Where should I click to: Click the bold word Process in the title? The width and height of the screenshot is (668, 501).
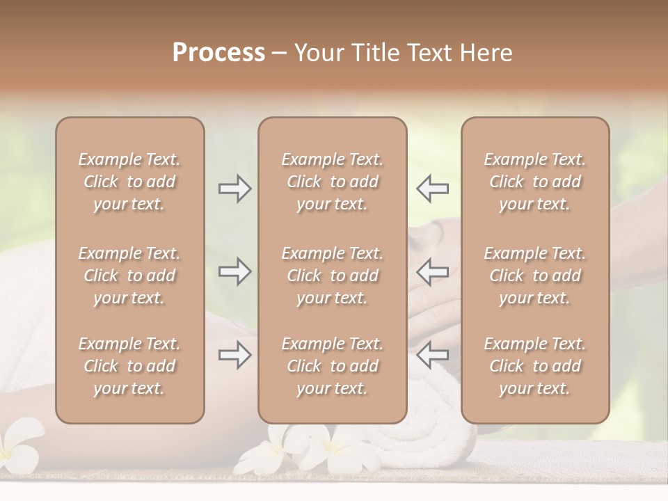coord(218,53)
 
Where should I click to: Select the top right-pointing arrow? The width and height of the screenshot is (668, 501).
coord(234,189)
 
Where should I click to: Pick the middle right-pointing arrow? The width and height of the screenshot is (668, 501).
coord(234,271)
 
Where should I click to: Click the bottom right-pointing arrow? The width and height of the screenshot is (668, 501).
coord(234,355)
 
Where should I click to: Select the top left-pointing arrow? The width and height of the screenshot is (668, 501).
coord(433,189)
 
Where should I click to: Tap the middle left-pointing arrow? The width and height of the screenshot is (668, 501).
coord(433,271)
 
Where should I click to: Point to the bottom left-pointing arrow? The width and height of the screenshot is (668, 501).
coord(433,355)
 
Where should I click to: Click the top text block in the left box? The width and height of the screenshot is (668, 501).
coord(129,182)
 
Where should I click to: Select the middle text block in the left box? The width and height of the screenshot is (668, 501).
coord(129,276)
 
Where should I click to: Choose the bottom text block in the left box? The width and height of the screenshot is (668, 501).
coord(129,366)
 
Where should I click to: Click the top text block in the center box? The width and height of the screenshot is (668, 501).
coord(332,182)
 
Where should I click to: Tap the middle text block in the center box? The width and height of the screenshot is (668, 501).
coord(332,276)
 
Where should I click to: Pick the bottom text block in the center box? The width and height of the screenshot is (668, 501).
coord(332,366)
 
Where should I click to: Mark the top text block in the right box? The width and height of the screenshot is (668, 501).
coord(534,182)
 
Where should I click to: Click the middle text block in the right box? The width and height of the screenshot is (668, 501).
coord(534,276)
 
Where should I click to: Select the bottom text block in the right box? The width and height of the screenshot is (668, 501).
coord(534,366)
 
